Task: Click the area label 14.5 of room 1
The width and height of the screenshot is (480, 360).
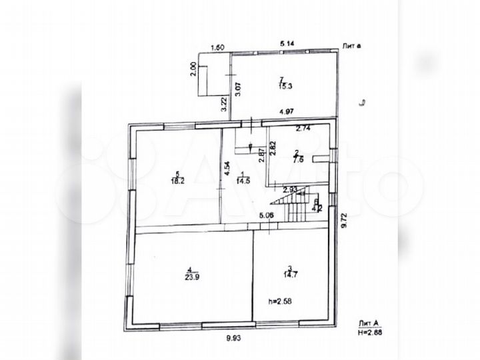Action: [x=242, y=180]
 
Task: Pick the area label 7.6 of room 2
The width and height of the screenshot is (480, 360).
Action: [x=298, y=159]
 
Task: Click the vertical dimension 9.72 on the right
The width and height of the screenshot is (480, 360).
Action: [x=345, y=221]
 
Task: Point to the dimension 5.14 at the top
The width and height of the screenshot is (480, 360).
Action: [x=288, y=43]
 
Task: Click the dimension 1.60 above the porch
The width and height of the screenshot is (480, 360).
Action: [x=217, y=47]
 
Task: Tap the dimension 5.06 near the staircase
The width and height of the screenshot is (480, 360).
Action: [x=267, y=215]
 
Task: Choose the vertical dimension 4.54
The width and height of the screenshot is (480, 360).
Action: [x=227, y=169]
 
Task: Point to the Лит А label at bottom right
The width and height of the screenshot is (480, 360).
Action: [x=368, y=320]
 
